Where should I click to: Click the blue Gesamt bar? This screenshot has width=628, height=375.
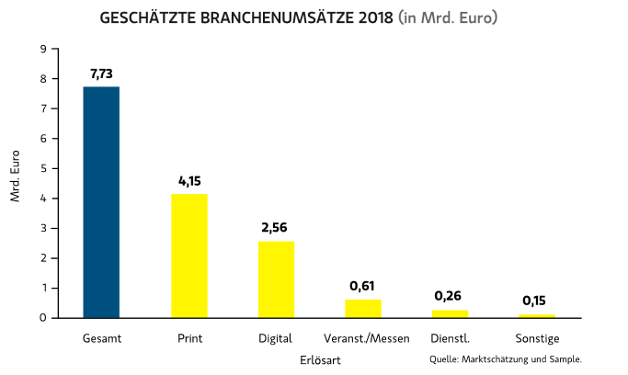[101, 202]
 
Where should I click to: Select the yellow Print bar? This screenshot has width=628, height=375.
[188, 256]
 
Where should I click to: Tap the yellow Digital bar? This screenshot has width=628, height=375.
[276, 279]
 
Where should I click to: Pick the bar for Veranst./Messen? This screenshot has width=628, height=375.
[363, 308]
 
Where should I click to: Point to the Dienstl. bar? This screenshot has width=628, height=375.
[450, 313]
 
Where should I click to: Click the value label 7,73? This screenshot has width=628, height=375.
[101, 73]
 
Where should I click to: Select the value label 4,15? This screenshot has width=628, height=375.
[188, 180]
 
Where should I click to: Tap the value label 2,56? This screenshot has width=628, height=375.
[276, 228]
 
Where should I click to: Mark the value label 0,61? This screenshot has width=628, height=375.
[363, 286]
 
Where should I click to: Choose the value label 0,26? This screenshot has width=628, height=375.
[450, 296]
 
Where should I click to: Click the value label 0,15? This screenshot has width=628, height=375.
[536, 300]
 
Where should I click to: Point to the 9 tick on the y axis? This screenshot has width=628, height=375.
[44, 49]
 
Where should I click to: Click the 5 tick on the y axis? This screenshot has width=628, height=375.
[44, 168]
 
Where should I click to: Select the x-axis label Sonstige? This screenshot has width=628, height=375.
[536, 338]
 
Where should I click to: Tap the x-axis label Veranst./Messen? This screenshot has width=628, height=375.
[367, 338]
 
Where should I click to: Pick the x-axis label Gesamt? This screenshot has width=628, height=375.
[101, 338]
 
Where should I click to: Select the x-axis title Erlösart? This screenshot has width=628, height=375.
[319, 360]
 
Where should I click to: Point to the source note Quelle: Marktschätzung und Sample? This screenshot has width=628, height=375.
[505, 358]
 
